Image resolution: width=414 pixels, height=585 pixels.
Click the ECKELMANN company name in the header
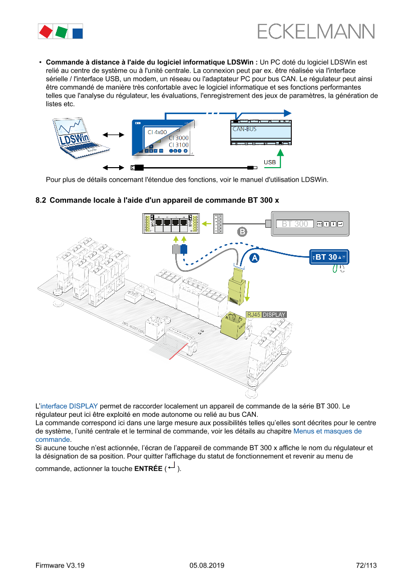pyautogui.click(x=316, y=32)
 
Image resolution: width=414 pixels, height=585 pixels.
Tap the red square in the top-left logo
pyautogui.click(x=46, y=32)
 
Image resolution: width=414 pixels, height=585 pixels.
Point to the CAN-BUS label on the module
pyautogui.click(x=244, y=129)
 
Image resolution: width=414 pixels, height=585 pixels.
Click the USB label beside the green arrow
pyautogui.click(x=270, y=163)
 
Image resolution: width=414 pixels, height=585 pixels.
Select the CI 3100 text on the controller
pyautogui.click(x=179, y=145)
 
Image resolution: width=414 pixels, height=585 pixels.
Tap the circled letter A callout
pyautogui.click(x=254, y=258)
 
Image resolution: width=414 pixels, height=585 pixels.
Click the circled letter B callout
pyautogui.click(x=242, y=232)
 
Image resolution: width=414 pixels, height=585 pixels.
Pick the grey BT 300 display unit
pyautogui.click(x=310, y=224)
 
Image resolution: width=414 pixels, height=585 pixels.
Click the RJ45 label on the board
pyautogui.click(x=253, y=315)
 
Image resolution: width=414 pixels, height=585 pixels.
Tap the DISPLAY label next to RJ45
pyautogui.click(x=274, y=315)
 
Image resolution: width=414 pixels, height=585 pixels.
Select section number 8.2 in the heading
pyautogui.click(x=41, y=200)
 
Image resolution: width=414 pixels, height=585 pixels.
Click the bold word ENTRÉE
pyautogui.click(x=148, y=469)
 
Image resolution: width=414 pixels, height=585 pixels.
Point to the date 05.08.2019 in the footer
pyautogui.click(x=207, y=565)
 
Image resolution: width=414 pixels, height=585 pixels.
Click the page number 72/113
pyautogui.click(x=366, y=565)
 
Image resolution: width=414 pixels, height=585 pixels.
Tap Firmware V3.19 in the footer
pyautogui.click(x=60, y=565)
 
